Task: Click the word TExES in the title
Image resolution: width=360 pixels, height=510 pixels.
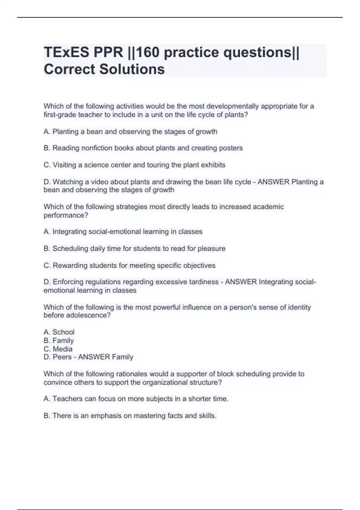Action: tap(67, 52)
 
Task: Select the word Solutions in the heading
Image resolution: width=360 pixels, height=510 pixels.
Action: tap(132, 69)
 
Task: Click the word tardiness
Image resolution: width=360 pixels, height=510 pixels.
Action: tap(204, 282)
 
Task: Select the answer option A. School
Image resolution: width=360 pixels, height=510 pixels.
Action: tap(59, 332)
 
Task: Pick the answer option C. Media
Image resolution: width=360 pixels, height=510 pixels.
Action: tap(58, 349)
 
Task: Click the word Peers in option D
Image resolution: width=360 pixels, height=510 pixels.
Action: tap(62, 357)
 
